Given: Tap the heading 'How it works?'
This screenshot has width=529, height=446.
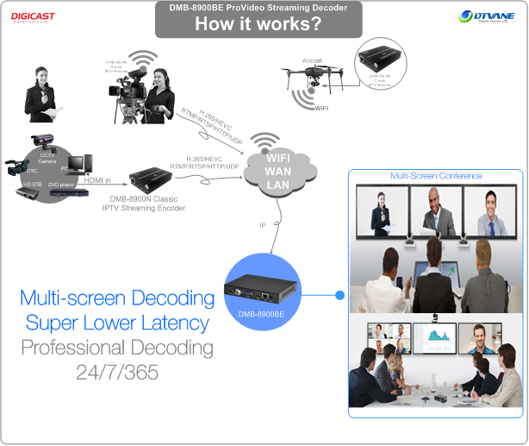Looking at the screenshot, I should point(258,24).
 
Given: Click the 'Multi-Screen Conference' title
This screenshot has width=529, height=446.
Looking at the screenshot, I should point(436,176).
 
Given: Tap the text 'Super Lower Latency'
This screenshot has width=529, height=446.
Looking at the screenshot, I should point(118,324).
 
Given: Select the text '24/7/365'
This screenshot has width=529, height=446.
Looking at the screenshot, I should point(116,374).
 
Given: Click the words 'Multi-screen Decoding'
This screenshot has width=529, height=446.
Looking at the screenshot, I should point(117,298).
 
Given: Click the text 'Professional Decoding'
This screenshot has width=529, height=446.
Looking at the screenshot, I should point(117,349).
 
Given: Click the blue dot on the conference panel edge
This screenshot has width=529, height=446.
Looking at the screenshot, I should point(339,296).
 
